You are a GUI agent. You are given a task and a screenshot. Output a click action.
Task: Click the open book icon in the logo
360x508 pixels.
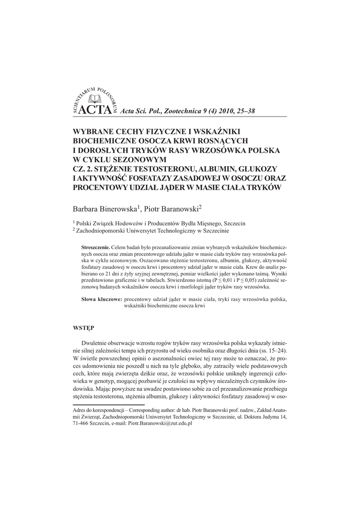(x=94, y=99)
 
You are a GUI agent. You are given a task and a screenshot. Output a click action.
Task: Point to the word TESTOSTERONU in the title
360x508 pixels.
(x=160, y=169)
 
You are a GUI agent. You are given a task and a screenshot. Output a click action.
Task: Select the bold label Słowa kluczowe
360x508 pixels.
(x=101, y=300)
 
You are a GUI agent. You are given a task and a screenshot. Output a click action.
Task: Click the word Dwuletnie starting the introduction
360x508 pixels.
(x=97, y=344)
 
